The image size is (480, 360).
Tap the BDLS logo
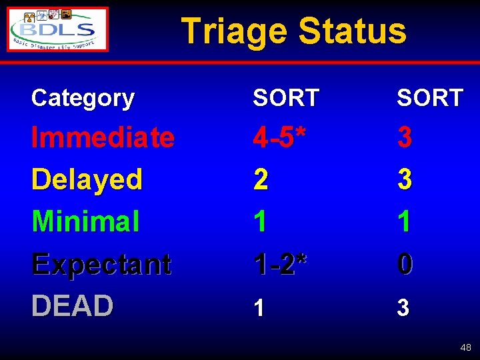(58, 29)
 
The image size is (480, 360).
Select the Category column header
(83, 98)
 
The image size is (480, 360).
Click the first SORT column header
(286, 99)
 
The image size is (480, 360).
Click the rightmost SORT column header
(430, 99)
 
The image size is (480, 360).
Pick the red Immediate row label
(103, 138)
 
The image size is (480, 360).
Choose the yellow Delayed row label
(87, 179)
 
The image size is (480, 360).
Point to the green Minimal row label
(85, 221)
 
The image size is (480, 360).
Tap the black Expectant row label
(101, 264)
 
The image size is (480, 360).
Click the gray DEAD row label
(72, 306)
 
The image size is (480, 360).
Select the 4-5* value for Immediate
(280, 138)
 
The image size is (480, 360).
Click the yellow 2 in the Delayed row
(261, 179)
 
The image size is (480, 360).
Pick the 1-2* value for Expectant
(280, 264)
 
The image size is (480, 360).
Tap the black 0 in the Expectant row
(405, 264)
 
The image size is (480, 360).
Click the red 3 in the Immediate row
(405, 138)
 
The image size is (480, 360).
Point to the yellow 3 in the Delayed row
(405, 179)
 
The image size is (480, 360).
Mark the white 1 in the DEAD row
(260, 307)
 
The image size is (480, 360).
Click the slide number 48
(465, 347)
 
